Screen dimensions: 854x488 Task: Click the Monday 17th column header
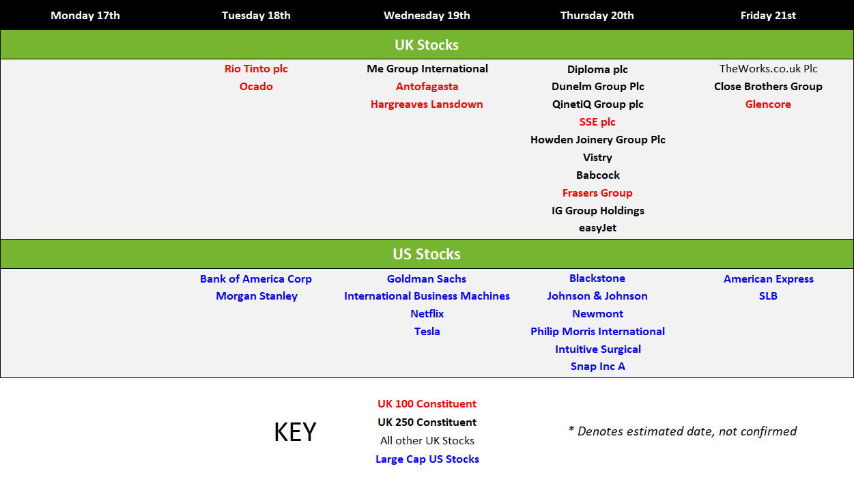click(85, 16)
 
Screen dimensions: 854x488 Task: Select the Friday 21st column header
click(768, 16)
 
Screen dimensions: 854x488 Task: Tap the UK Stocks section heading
click(426, 44)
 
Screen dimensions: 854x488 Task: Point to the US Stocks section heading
click(426, 254)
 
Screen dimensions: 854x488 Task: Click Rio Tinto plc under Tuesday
click(256, 69)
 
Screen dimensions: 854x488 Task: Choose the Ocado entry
click(256, 87)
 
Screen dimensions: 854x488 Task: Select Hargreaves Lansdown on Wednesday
click(427, 104)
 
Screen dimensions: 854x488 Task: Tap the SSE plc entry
click(597, 122)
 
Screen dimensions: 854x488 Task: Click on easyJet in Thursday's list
click(597, 228)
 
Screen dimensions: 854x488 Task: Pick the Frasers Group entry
click(597, 193)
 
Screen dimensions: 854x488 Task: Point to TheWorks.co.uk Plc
click(768, 69)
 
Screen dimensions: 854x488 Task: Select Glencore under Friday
click(768, 104)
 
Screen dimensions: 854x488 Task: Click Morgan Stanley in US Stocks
click(256, 296)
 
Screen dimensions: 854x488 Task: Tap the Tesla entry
click(427, 331)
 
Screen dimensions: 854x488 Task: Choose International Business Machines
click(427, 296)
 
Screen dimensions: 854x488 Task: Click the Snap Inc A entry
click(597, 367)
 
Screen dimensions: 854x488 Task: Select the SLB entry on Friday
click(768, 296)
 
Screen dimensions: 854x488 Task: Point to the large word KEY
click(295, 432)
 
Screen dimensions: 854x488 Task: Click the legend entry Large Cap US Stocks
click(427, 459)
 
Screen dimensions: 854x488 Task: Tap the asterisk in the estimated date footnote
click(571, 429)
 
